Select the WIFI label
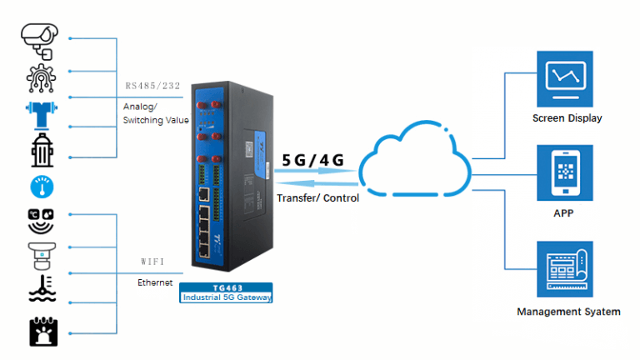[153, 262]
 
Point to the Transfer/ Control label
[317, 198]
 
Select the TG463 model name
[226, 287]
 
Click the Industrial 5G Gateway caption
[227, 297]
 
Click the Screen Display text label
[567, 118]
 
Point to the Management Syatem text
[568, 312]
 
